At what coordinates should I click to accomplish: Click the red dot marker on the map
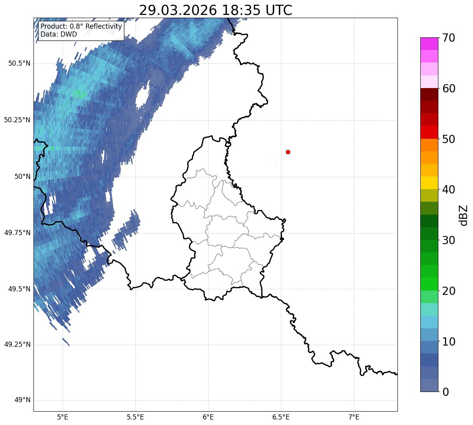(288, 152)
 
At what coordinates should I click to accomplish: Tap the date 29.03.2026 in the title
(178, 11)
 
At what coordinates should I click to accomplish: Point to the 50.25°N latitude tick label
(17, 120)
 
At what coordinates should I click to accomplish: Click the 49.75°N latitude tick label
(17, 233)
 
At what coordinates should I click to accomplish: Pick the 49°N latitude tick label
(22, 400)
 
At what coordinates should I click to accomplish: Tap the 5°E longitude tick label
(63, 417)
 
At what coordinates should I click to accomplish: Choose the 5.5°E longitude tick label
(135, 417)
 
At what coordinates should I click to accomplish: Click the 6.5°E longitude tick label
(281, 417)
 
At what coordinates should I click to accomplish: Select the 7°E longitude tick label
(354, 417)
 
